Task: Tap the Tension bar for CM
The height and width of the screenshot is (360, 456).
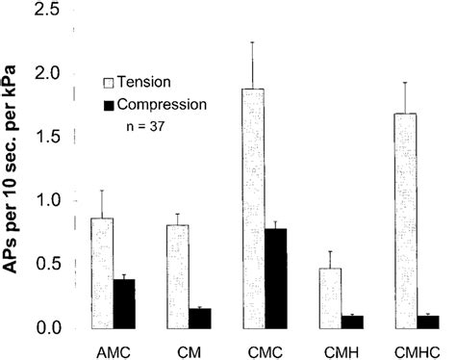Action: coord(177,276)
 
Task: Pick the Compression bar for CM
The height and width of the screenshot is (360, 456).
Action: coord(201,318)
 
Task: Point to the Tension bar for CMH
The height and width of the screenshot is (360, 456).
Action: coord(330,297)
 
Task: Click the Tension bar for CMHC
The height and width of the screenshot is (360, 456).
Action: coord(406,220)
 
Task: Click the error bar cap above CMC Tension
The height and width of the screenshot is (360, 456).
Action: coord(253,42)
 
